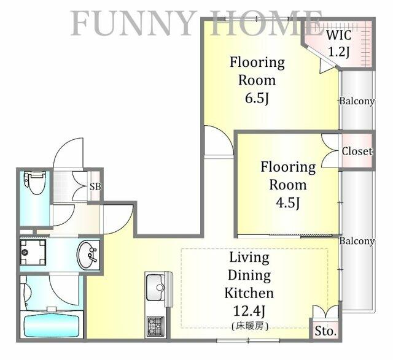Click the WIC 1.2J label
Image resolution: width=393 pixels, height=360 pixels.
pos(339,44)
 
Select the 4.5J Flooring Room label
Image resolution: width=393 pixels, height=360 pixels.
pos(288,185)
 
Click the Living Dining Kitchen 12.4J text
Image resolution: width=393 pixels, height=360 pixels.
pos(251,284)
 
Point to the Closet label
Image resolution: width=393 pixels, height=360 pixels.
pos(357,151)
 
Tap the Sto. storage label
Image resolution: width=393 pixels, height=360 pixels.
pos(325,331)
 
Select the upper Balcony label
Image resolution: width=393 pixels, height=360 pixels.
pos(357,102)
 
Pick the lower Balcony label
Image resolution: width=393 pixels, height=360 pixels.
pos(357,241)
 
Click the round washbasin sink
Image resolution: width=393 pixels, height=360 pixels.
pos(88,254)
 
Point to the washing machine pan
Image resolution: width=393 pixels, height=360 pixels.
pos(32,252)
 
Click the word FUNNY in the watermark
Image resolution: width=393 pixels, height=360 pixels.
pos(132,23)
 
